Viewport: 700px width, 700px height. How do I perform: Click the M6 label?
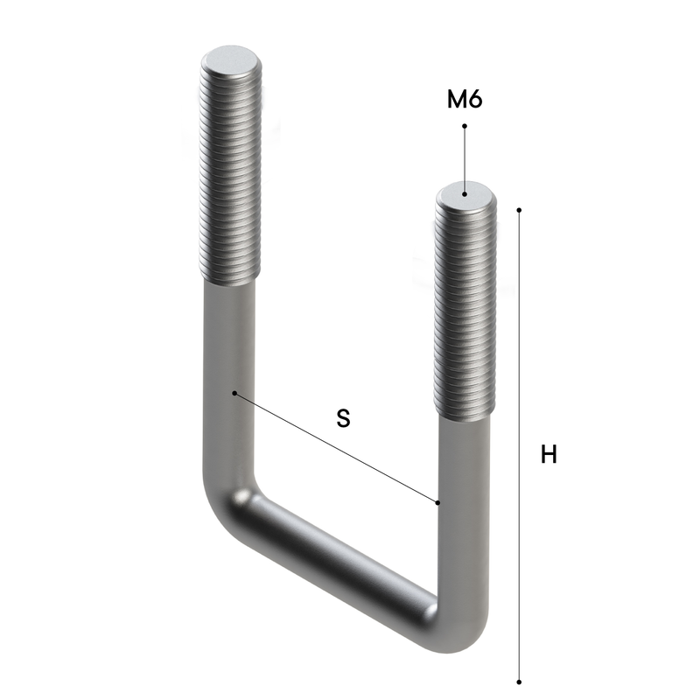pyautogui.click(x=465, y=99)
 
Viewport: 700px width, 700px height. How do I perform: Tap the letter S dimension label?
pyautogui.click(x=343, y=418)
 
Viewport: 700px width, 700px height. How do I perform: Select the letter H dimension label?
pyautogui.click(x=549, y=454)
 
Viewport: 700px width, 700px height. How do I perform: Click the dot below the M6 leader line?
pyautogui.click(x=465, y=193)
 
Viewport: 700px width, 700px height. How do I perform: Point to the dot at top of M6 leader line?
pyautogui.click(x=465, y=126)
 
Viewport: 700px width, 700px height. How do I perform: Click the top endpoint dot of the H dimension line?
pyautogui.click(x=519, y=209)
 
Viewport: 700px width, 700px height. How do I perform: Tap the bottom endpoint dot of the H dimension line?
pyautogui.click(x=519, y=682)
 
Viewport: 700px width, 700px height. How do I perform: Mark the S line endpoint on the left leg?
pyautogui.click(x=234, y=393)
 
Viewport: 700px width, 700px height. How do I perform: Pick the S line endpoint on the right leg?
pyautogui.click(x=438, y=502)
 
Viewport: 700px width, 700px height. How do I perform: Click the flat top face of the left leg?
pyautogui.click(x=231, y=60)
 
